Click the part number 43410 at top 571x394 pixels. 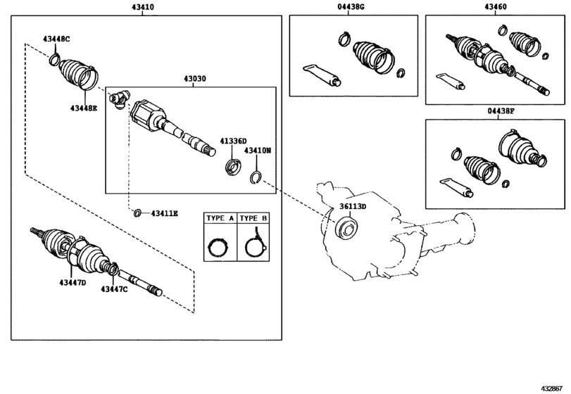click(x=143, y=6)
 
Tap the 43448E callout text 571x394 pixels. click(x=84, y=108)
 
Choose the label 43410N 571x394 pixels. click(x=258, y=151)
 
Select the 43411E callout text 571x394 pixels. click(x=164, y=212)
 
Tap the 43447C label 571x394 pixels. click(x=113, y=288)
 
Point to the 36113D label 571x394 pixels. click(x=353, y=207)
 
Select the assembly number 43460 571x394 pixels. click(x=494, y=6)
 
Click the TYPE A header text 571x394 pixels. click(x=219, y=219)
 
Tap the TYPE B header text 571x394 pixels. click(x=253, y=219)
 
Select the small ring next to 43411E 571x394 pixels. click(x=138, y=212)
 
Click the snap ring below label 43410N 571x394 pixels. click(x=258, y=177)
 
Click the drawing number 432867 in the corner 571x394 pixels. click(x=554, y=388)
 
